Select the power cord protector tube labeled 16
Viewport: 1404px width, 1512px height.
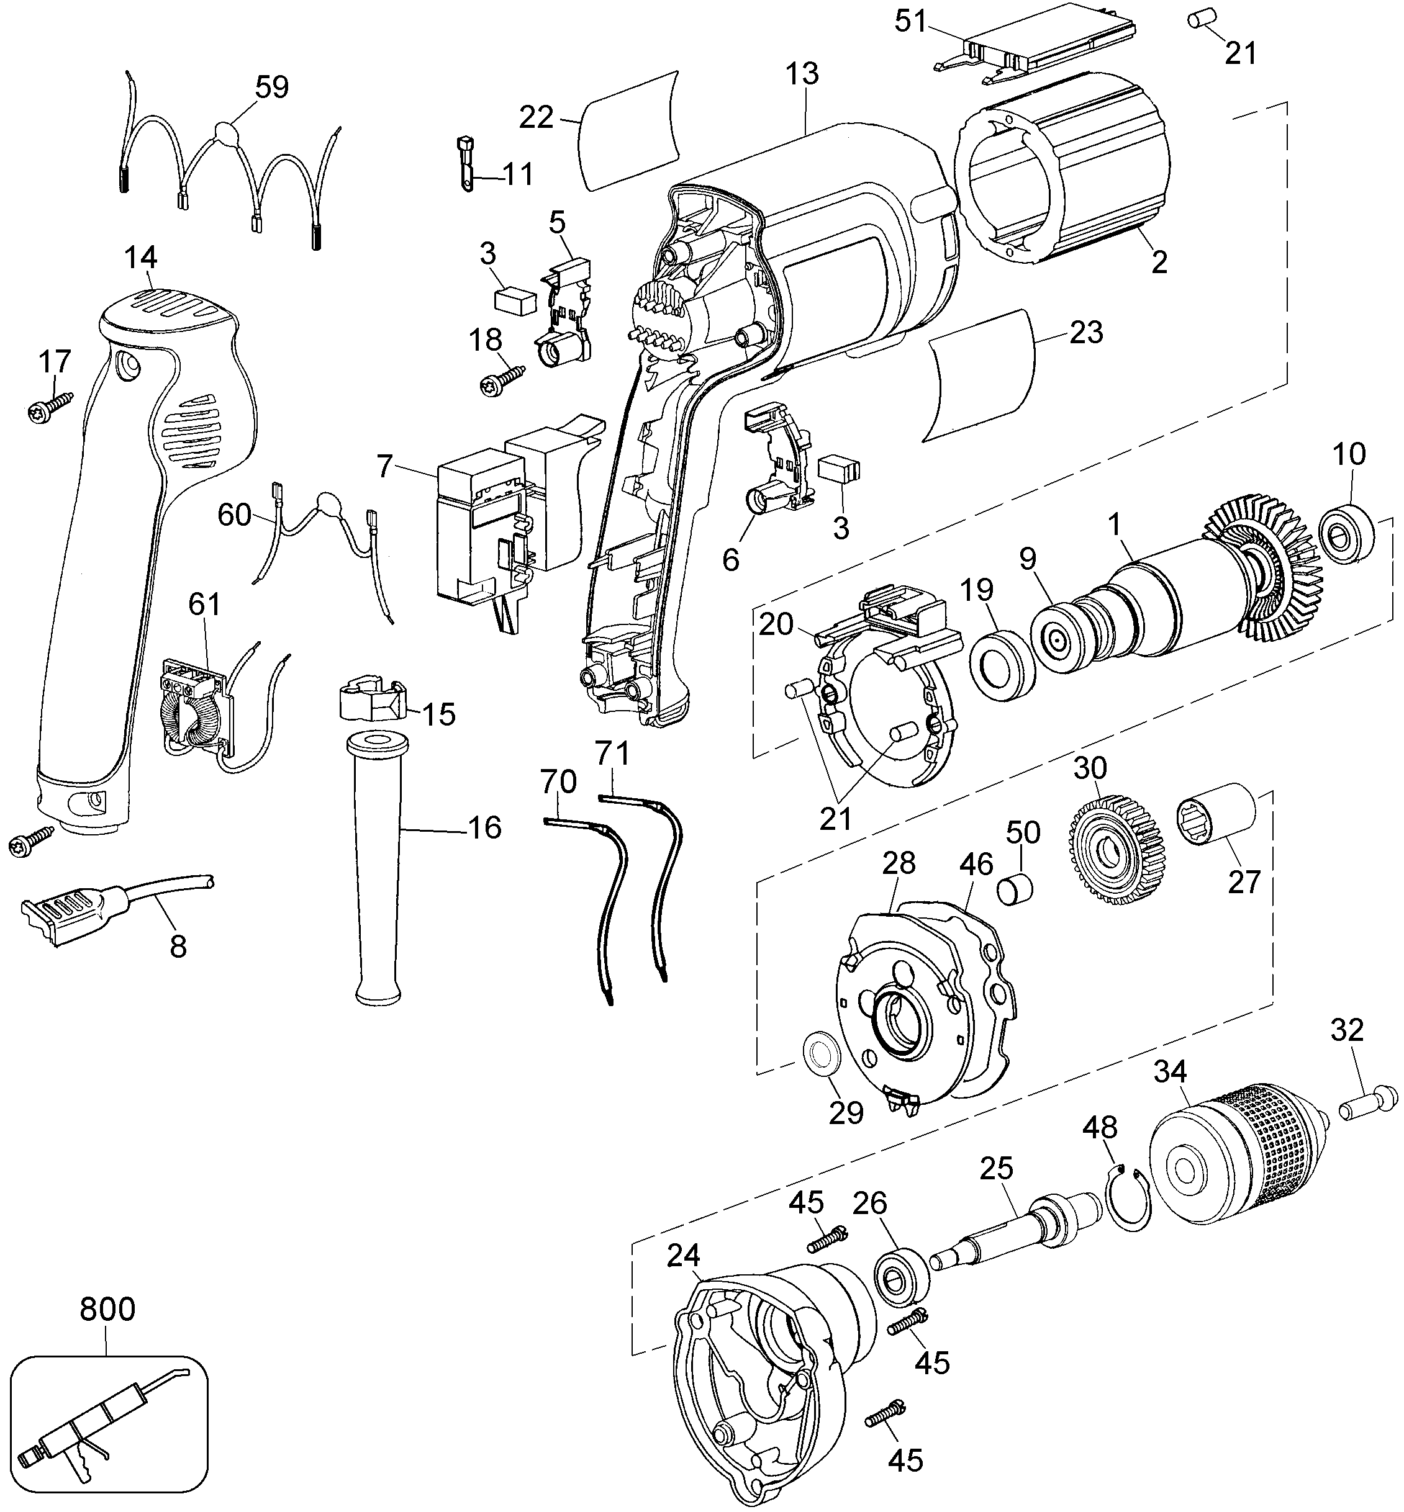coord(378,866)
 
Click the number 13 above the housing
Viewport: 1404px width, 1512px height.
coord(802,74)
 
